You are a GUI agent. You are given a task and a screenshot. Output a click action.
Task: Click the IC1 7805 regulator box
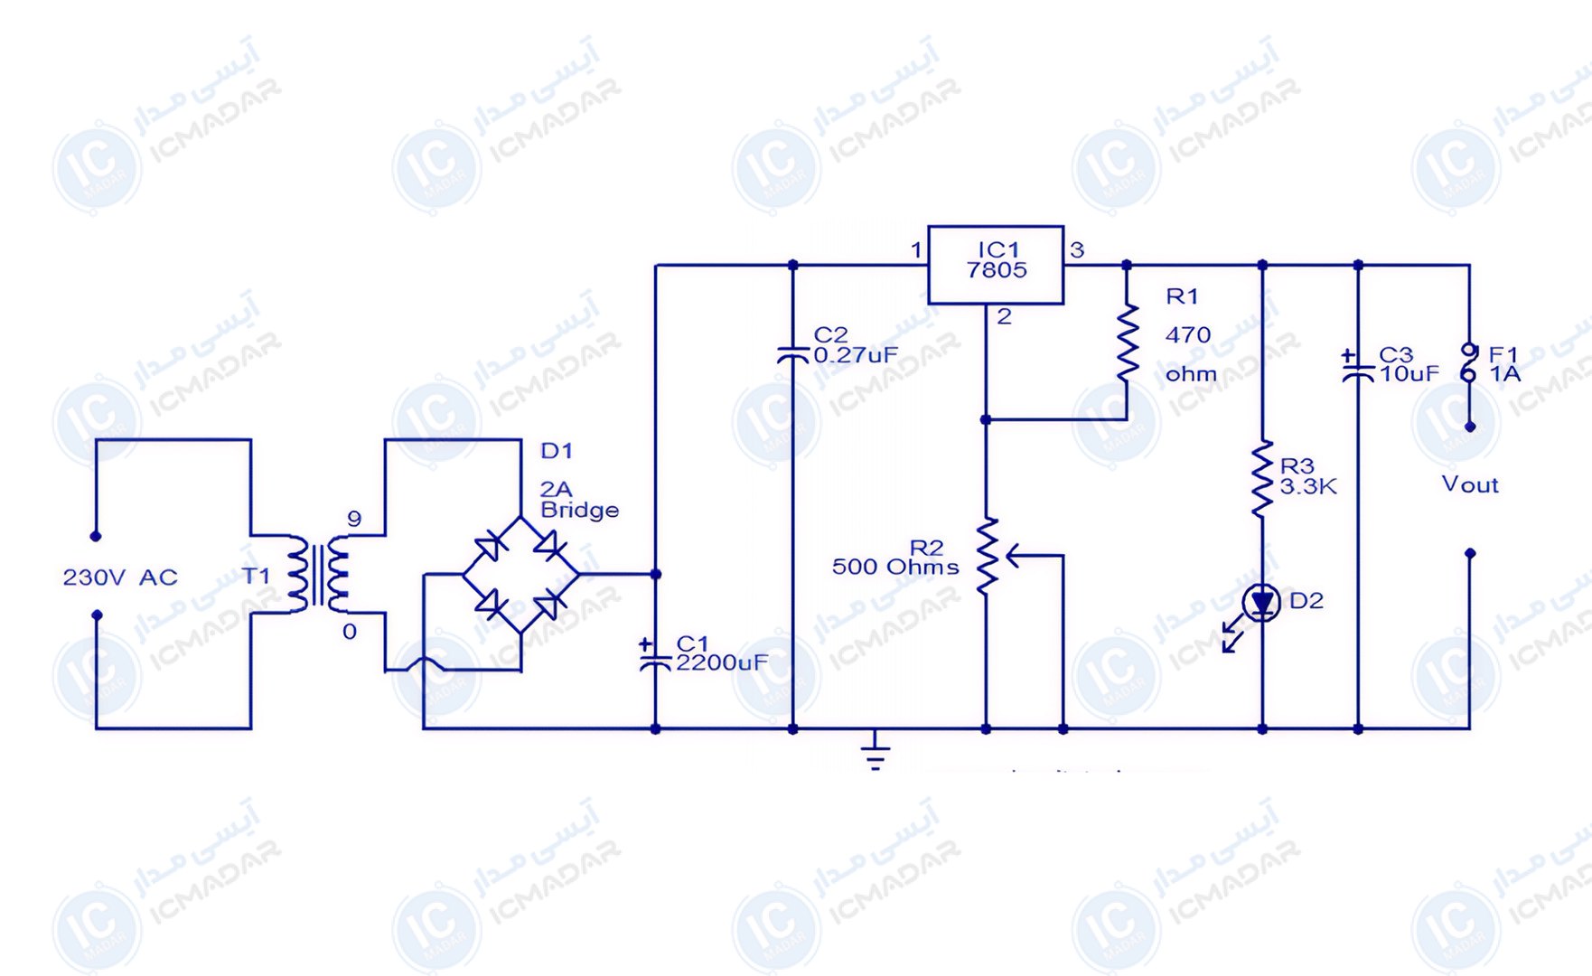[x=996, y=264]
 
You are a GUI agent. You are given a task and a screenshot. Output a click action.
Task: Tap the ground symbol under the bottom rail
[x=875, y=750]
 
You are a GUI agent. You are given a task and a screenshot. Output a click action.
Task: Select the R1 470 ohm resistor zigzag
[x=1128, y=343]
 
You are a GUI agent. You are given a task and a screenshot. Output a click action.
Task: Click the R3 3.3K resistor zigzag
[x=1262, y=479]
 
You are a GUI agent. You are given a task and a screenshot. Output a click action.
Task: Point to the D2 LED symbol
[x=1261, y=603]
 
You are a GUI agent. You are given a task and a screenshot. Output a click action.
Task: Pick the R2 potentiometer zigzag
[x=987, y=556]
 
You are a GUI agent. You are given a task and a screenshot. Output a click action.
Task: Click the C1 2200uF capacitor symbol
[x=655, y=657]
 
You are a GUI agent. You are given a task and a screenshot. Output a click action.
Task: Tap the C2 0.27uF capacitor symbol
[x=792, y=354]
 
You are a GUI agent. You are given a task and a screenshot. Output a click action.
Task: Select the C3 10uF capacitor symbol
[x=1357, y=366]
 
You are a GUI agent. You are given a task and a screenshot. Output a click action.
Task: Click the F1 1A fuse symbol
[x=1469, y=363]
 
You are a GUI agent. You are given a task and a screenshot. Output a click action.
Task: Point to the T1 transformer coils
[x=318, y=574]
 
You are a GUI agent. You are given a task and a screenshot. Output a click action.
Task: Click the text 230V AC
[x=120, y=577]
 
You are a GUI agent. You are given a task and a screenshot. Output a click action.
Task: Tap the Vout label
[x=1470, y=485]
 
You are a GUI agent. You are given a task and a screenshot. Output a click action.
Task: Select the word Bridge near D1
[x=579, y=510]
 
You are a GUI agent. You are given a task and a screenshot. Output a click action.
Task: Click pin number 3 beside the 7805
[x=1077, y=249]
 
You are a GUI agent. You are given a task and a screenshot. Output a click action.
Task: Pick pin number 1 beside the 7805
[x=916, y=249]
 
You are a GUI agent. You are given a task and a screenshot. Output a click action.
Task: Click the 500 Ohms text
[x=895, y=568]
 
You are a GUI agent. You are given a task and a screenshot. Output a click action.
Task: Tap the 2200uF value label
[x=722, y=663]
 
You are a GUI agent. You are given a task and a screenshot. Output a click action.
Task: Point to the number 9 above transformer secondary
[x=354, y=519]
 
